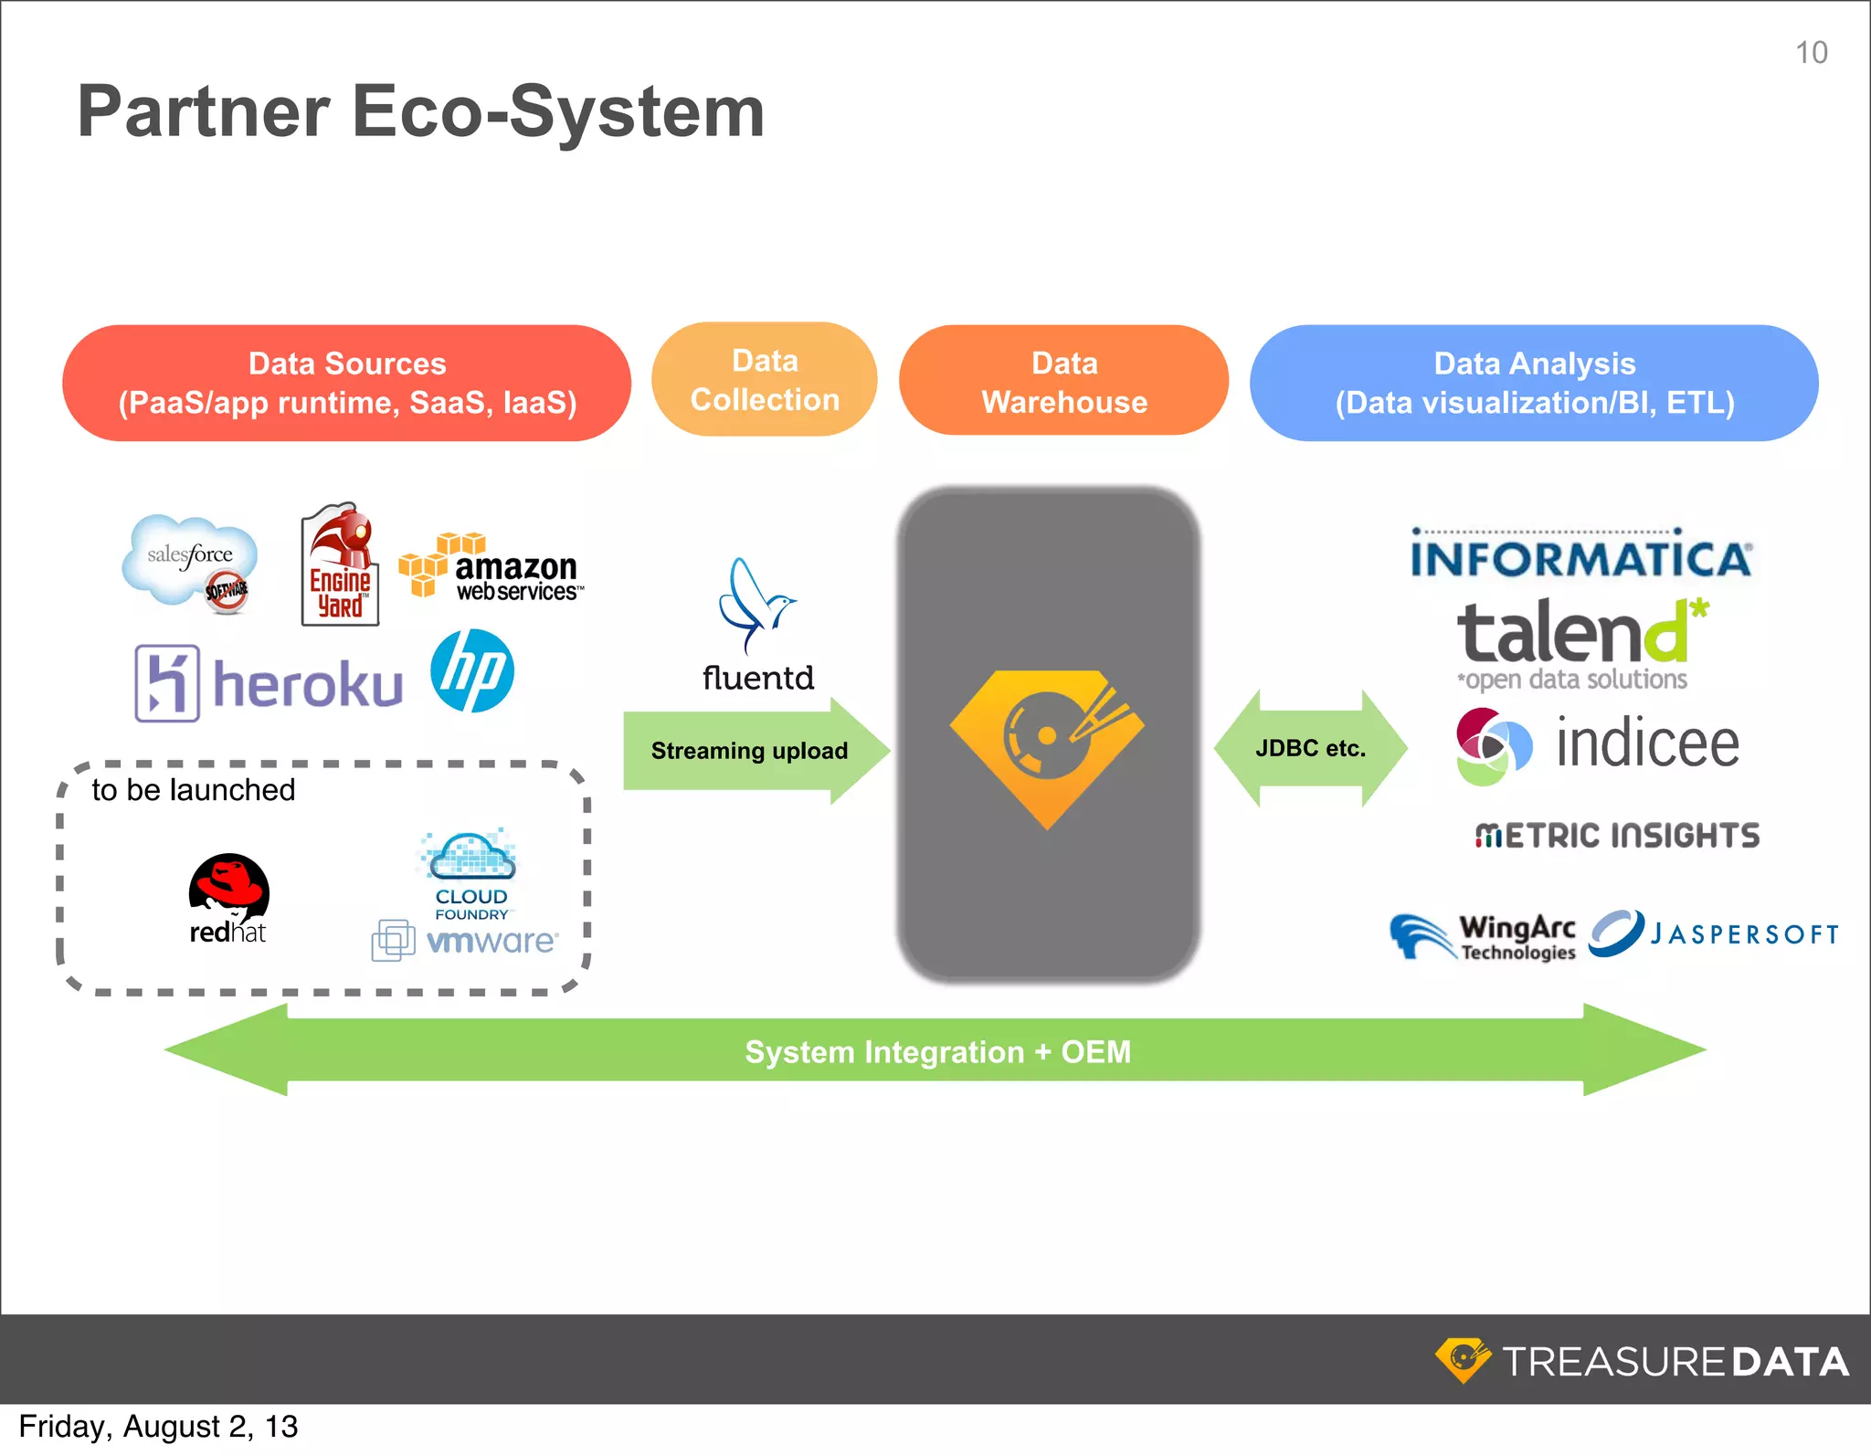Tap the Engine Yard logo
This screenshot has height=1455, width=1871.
[x=340, y=565]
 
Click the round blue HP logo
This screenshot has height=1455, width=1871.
[x=472, y=671]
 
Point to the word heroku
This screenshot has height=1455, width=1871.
[x=308, y=685]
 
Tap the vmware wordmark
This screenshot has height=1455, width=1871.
[x=491, y=941]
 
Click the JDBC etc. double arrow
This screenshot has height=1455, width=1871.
[x=1310, y=749]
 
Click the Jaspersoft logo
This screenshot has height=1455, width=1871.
[x=1714, y=933]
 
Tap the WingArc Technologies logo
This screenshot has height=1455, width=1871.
[x=1484, y=937]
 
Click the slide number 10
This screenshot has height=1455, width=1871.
[x=1811, y=53]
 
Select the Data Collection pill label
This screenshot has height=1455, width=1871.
[x=765, y=380]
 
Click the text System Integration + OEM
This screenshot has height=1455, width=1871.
[x=937, y=1052]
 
